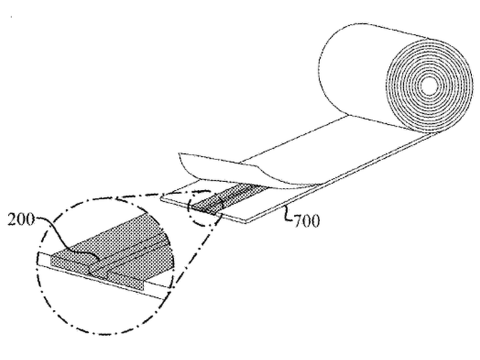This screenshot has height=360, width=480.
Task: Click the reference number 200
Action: [x=21, y=219]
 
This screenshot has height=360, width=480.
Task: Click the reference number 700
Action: [x=307, y=221]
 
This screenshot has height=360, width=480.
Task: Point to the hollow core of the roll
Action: [x=429, y=86]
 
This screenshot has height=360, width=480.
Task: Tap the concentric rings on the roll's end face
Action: [x=429, y=86]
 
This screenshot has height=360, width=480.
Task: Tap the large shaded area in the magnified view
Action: [x=113, y=251]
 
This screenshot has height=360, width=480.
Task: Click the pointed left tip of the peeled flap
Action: [x=179, y=153]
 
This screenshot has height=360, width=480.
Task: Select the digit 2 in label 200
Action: [x=12, y=219]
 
